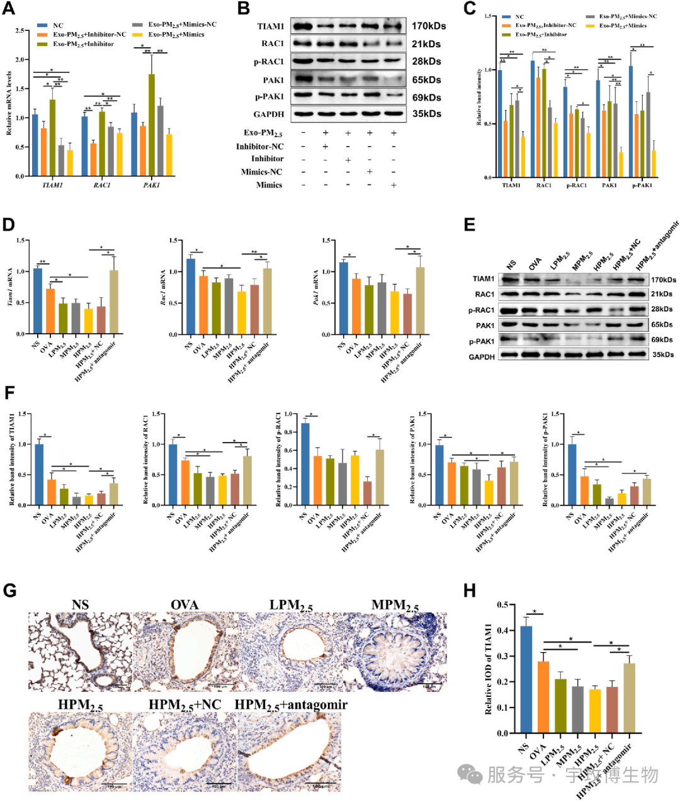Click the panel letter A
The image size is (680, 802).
pyautogui.click(x=9, y=10)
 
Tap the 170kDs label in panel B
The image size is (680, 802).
pyautogui.click(x=429, y=26)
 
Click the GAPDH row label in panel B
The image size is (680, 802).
pyautogui.click(x=268, y=115)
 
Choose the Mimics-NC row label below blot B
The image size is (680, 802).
pyautogui.click(x=261, y=172)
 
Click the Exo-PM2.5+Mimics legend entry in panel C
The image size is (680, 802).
pyautogui.click(x=623, y=26)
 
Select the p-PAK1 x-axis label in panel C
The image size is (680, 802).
pyautogui.click(x=643, y=185)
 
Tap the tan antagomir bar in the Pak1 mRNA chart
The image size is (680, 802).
pyautogui.click(x=420, y=301)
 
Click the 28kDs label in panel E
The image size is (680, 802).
pyautogui.click(x=662, y=310)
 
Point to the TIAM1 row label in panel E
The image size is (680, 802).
pyautogui.click(x=484, y=279)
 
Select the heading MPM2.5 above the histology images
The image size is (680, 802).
pyautogui.click(x=395, y=606)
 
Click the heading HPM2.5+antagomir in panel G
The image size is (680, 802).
pyautogui.click(x=291, y=704)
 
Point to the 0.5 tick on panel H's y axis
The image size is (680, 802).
pyautogui.click(x=502, y=605)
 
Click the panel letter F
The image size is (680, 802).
pyautogui.click(x=9, y=393)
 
